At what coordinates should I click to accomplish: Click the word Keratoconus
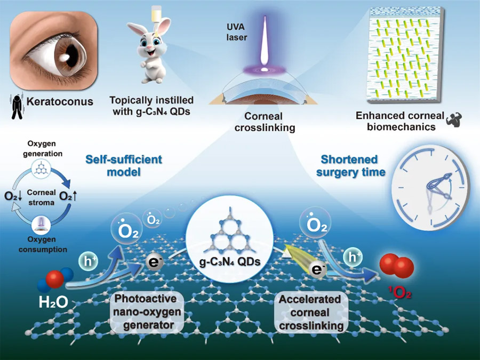60,101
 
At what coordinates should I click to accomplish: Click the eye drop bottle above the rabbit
156,12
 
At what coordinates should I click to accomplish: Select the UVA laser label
236,32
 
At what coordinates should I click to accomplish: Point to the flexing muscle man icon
454,119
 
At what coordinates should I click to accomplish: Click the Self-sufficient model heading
124,165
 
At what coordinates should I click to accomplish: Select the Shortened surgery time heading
350,166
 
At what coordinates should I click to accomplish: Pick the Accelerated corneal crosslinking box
311,312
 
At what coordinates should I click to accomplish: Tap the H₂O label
53,302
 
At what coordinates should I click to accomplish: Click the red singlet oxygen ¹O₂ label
400,293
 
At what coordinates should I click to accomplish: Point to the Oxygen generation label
43,148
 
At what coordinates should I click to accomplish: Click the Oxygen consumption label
43,244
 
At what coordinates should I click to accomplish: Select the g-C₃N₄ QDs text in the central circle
230,261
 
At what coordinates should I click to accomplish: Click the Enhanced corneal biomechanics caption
401,121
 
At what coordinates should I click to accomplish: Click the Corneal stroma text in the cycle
41,197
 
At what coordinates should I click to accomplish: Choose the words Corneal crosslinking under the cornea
265,122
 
